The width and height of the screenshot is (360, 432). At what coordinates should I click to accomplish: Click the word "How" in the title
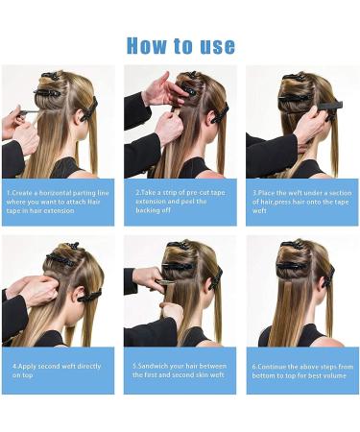pos(149,45)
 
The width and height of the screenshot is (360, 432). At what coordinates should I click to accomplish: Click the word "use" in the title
pos(215,45)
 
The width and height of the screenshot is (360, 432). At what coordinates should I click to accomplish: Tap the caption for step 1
pos(58,202)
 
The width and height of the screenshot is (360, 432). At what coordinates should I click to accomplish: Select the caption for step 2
pos(180,202)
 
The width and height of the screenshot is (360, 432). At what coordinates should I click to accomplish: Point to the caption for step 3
pos(302,202)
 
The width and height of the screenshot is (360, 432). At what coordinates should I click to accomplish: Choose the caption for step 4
pos(58,370)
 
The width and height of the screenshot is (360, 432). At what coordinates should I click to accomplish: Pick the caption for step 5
pos(180,370)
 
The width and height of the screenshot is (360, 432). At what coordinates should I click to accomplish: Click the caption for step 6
pos(302,370)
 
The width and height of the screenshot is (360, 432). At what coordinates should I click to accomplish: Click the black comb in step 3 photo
pos(322,96)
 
